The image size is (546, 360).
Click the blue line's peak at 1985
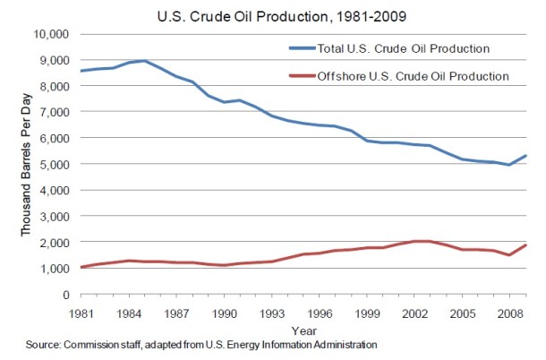(x=145, y=61)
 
